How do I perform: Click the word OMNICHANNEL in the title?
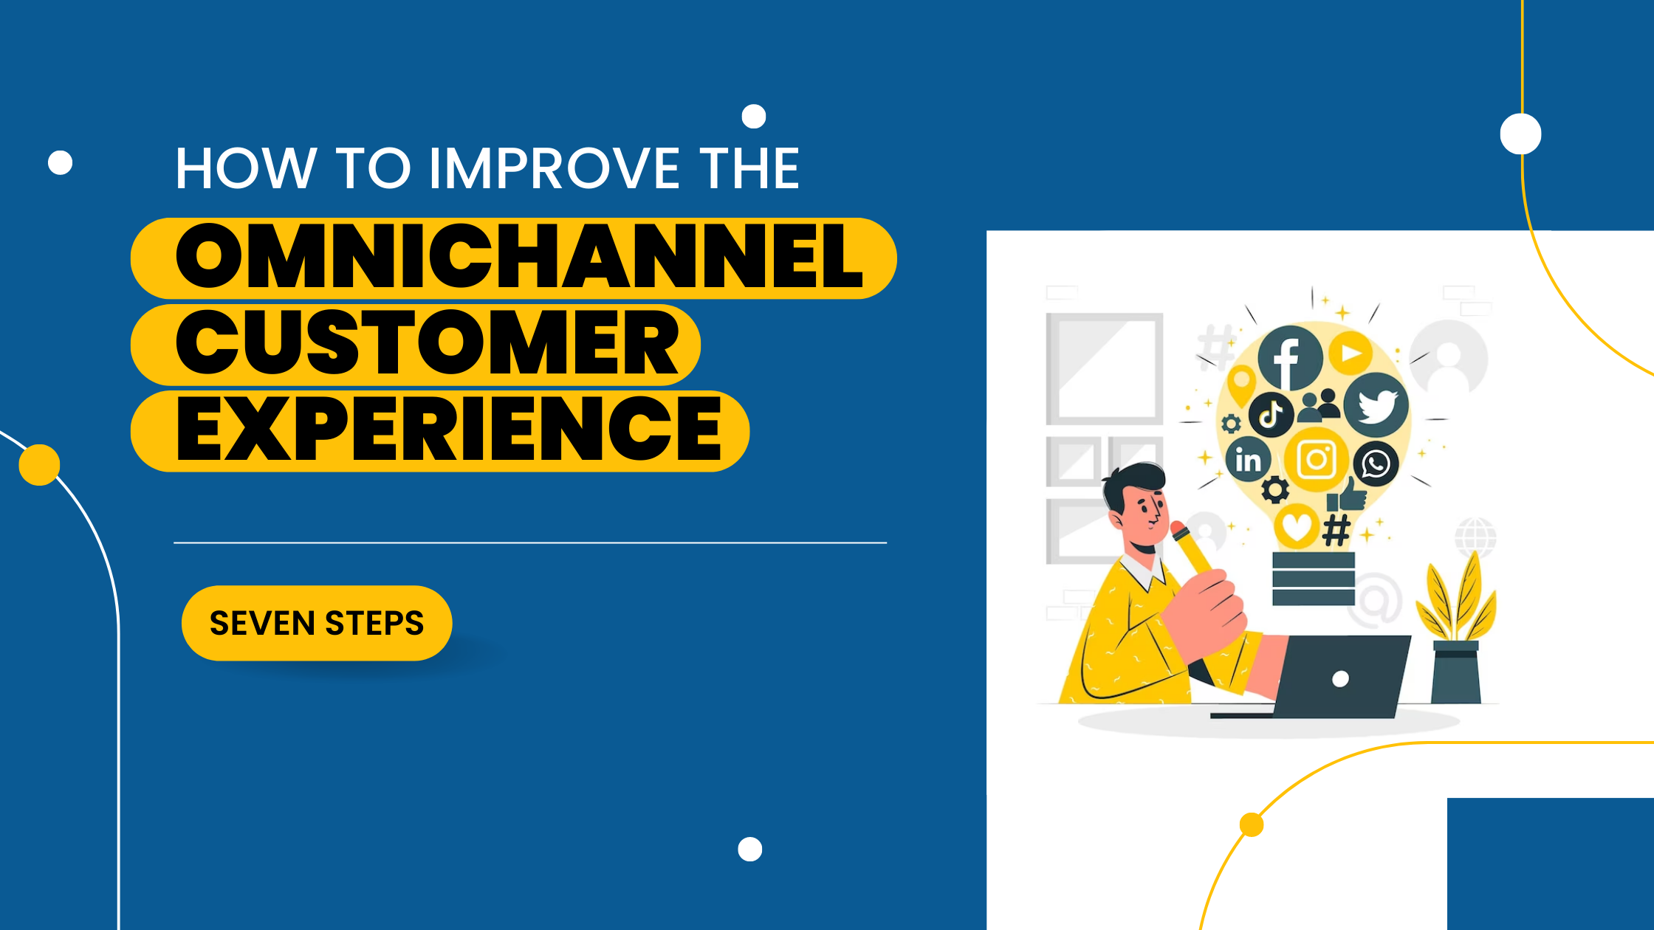(x=519, y=257)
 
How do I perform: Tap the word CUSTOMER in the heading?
(x=427, y=343)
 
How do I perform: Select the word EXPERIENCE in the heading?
(x=449, y=430)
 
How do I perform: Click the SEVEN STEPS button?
(x=317, y=623)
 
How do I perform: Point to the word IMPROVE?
(x=554, y=168)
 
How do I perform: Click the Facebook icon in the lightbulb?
(x=1289, y=358)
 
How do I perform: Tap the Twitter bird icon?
(x=1376, y=404)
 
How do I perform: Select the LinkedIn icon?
(x=1248, y=460)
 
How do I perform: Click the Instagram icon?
(x=1317, y=459)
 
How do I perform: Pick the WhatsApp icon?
(x=1376, y=464)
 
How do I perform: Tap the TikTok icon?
(x=1271, y=414)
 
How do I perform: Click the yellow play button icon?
(x=1351, y=354)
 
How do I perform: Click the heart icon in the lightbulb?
(x=1297, y=526)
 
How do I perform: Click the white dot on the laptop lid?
(x=1340, y=679)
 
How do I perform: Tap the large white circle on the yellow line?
(x=1520, y=134)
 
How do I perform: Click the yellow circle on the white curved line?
(x=39, y=465)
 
